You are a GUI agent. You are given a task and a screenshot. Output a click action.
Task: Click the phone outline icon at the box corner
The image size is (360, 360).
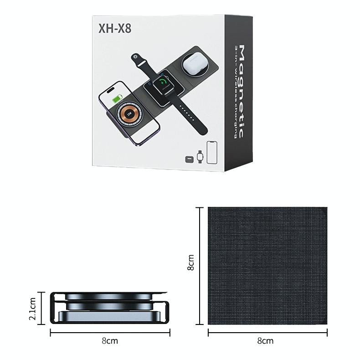(211, 152)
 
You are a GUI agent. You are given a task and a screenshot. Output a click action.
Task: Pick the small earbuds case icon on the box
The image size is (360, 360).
(189, 159)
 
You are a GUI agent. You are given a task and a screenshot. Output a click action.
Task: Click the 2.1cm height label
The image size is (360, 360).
(32, 309)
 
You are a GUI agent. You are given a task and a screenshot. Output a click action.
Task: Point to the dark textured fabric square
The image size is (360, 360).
(267, 266)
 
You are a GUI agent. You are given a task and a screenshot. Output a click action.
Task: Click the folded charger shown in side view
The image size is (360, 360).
(109, 308)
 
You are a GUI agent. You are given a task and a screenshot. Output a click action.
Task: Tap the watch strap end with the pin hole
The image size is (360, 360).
(136, 58)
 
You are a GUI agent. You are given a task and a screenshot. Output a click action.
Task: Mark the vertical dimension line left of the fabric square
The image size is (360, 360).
(200, 266)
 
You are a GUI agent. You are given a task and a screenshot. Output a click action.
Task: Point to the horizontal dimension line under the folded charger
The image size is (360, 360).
(109, 333)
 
